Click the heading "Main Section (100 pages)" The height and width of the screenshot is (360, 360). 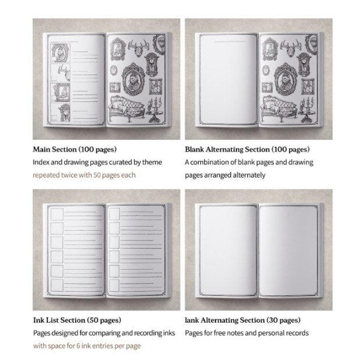75,150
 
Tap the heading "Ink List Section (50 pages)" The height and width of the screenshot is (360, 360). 77,320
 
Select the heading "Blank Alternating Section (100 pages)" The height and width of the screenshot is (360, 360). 247,150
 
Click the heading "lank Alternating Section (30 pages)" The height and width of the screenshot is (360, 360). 243,320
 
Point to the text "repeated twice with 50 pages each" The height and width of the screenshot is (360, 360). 84,175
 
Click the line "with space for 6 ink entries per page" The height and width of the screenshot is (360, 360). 87,346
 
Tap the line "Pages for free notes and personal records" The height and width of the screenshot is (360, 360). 246,333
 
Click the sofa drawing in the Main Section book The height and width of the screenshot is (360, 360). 128,108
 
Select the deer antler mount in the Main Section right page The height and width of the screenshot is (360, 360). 139,48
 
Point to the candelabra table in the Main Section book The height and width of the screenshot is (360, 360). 155,110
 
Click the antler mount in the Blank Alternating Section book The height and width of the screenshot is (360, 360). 291,48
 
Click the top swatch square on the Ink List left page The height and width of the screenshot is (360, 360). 57,214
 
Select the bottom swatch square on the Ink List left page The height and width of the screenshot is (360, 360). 57,285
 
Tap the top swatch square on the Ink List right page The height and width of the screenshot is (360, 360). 114,214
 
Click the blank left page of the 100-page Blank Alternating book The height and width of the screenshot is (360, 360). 228,79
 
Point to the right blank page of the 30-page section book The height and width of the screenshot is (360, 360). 288,250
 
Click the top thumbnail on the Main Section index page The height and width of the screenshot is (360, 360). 60,53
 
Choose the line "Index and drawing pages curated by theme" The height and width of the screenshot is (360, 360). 97,163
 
